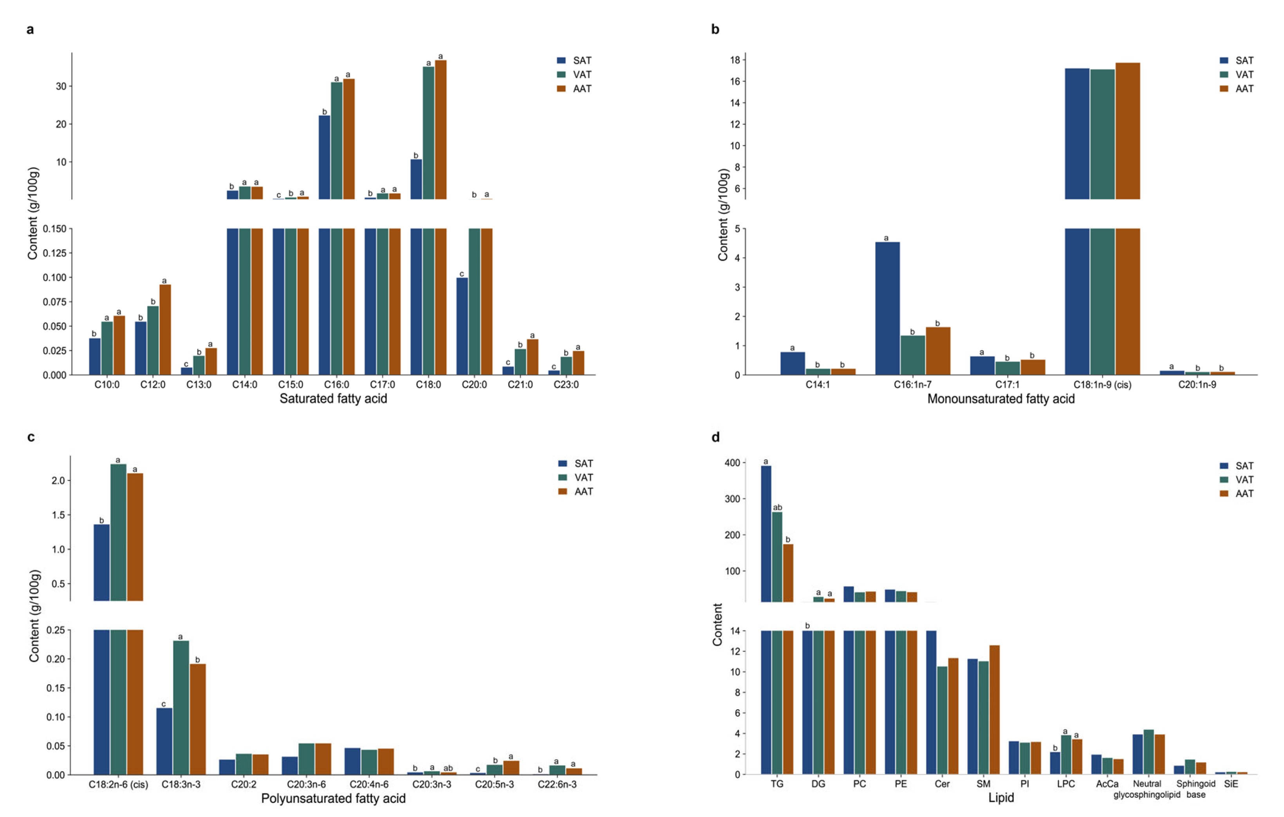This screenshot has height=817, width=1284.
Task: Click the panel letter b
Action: click(715, 30)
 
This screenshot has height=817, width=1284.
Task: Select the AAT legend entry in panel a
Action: click(574, 89)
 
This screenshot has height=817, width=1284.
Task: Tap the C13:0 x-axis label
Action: click(199, 385)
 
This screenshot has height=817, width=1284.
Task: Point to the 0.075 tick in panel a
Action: click(55, 302)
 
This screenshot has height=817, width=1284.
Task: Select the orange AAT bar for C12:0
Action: click(165, 329)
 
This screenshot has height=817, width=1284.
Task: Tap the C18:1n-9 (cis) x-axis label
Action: click(1102, 385)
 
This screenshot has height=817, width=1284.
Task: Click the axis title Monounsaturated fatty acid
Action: click(1001, 399)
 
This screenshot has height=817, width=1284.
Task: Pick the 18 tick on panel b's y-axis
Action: click(735, 60)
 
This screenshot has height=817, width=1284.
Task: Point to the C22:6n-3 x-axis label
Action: click(557, 784)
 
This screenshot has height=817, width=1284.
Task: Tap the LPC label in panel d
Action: click(1066, 784)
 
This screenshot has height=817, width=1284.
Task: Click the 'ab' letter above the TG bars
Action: click(777, 507)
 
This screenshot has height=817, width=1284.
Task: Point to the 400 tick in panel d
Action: click(732, 463)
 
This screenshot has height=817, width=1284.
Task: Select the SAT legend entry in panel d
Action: click(1237, 466)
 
